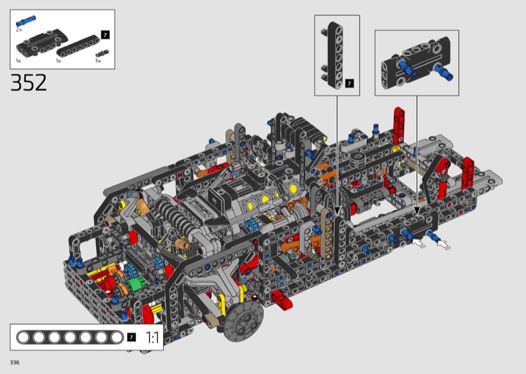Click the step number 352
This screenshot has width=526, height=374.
click(x=28, y=83)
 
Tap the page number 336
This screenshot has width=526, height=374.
click(x=14, y=362)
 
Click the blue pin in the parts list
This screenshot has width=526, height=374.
click(x=26, y=21)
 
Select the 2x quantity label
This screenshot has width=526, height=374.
click(x=19, y=30)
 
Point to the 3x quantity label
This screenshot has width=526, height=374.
click(x=98, y=61)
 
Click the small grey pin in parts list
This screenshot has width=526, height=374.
click(x=103, y=53)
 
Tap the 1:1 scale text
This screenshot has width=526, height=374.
click(x=152, y=337)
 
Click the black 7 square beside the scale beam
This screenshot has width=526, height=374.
click(x=131, y=337)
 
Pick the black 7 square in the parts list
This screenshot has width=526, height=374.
click(x=105, y=35)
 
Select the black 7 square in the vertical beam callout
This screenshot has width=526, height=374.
click(x=350, y=84)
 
